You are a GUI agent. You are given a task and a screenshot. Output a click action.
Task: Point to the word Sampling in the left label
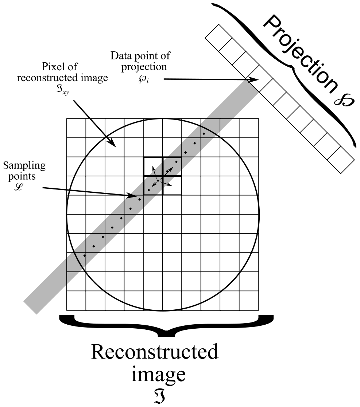click(25, 166)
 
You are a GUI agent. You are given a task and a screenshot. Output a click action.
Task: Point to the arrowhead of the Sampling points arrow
click(134, 197)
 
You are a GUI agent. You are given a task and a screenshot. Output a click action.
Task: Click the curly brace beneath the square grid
click(166, 324)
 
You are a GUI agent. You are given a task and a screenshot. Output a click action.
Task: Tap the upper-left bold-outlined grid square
click(153, 167)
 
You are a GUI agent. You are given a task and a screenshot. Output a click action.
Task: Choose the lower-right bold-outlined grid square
click(172, 185)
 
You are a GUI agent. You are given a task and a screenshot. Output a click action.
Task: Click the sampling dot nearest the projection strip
click(204, 134)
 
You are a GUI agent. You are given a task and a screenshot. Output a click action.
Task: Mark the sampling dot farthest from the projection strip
click(85, 256)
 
